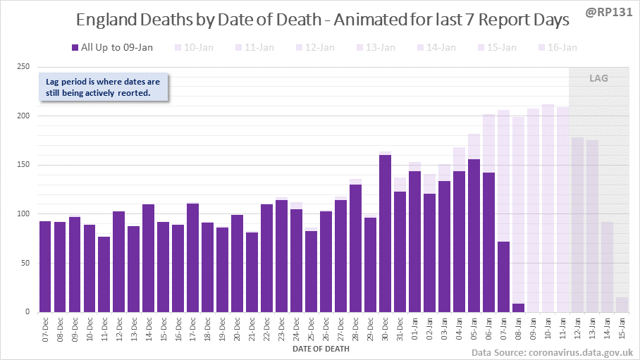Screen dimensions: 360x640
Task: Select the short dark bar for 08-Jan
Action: [518, 308]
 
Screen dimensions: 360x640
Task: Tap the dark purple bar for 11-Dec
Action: [104, 274]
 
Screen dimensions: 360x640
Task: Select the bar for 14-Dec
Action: [149, 258]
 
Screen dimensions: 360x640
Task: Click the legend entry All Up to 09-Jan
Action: [112, 47]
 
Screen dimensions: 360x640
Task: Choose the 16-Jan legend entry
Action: [558, 47]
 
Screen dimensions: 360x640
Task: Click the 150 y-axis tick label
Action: [23, 165]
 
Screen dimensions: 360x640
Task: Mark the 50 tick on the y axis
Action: [25, 263]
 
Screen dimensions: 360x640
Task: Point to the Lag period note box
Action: [103, 87]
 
